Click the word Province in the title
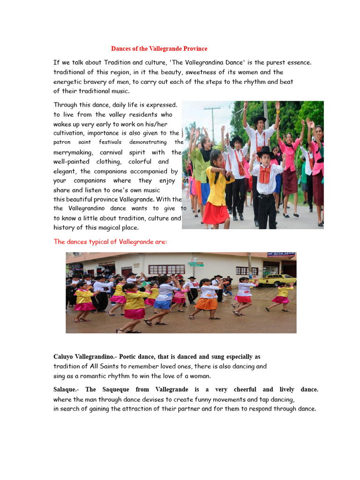[x=194, y=49]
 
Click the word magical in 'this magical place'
[x=109, y=228]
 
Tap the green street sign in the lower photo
[x=195, y=263]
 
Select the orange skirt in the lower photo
[x=206, y=304]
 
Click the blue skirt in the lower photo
[x=163, y=305]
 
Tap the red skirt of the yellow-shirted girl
[x=217, y=213]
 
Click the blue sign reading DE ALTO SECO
[x=281, y=254]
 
